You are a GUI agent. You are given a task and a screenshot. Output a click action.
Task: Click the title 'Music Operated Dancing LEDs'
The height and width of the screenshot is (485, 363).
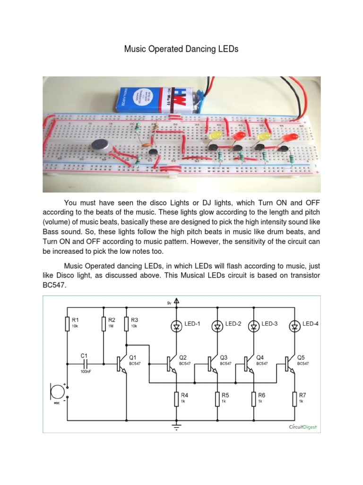coord(181,49)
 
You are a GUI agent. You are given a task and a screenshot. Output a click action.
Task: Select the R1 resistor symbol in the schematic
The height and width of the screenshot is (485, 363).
coord(67,324)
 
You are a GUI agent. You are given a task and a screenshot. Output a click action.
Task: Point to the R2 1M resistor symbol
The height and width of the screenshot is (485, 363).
coord(103,324)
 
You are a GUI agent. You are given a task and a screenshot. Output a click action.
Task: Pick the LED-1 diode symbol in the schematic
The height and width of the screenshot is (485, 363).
coord(176,326)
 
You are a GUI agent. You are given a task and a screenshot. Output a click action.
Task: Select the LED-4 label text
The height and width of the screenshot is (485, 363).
coord(311,324)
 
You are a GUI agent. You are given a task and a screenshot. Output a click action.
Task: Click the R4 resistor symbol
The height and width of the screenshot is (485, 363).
coord(176,399)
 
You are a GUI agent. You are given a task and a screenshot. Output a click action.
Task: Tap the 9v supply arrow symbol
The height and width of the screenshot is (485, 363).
coord(176,300)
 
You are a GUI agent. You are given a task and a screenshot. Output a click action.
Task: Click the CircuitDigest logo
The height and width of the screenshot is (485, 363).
coord(302,427)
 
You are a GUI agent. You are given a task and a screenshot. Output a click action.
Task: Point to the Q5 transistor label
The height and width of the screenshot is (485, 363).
coord(302,357)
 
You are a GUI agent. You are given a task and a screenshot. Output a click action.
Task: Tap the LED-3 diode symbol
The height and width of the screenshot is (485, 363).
coord(254,326)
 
